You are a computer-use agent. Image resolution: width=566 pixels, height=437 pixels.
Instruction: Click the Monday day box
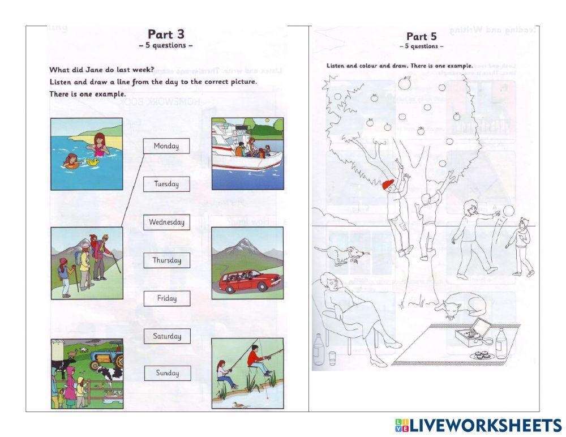(166, 146)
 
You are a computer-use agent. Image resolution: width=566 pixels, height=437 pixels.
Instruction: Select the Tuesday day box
(166, 184)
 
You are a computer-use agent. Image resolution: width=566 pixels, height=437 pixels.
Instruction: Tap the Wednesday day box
(166, 222)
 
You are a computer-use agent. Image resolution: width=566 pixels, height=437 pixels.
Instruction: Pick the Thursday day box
(166, 260)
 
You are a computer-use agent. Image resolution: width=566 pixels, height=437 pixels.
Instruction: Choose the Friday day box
(166, 298)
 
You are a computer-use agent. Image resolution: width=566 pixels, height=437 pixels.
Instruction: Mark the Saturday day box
(166, 336)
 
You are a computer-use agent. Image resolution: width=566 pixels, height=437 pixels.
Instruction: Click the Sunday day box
(166, 373)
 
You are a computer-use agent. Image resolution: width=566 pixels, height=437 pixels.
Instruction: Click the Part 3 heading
(166, 35)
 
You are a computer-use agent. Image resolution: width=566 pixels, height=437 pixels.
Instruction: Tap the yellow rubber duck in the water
(91, 162)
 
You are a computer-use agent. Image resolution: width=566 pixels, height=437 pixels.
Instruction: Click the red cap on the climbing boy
(388, 185)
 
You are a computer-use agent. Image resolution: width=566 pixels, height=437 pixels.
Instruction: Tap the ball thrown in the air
(508, 211)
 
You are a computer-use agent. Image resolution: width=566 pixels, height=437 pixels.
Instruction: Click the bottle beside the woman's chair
(319, 348)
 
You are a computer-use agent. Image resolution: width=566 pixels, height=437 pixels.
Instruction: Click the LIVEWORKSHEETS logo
(478, 425)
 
